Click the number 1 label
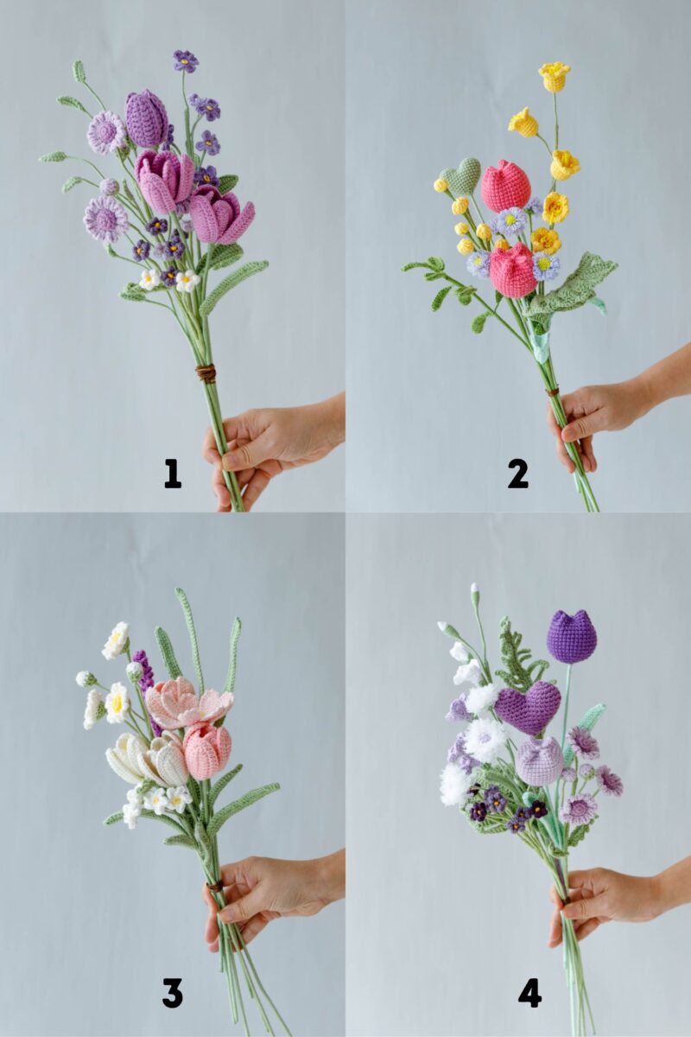[173, 473]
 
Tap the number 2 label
[517, 473]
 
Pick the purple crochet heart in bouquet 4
[527, 707]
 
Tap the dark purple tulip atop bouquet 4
[571, 637]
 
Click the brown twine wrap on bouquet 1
[205, 373]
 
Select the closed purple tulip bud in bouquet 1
[146, 118]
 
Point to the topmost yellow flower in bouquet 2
[554, 76]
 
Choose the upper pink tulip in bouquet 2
[505, 186]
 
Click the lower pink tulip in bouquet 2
[513, 270]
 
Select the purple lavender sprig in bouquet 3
[143, 670]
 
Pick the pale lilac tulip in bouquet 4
[540, 761]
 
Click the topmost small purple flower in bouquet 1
[185, 60]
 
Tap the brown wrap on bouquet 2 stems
[552, 391]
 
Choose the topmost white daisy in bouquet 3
[116, 640]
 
